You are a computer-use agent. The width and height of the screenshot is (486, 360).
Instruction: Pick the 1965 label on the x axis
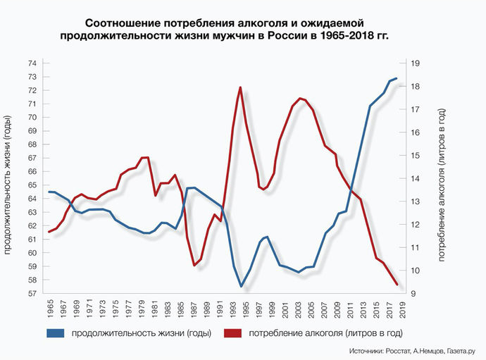point(49,310)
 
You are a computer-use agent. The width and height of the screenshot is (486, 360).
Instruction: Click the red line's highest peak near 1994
point(241,87)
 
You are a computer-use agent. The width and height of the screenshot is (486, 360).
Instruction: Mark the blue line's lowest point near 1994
point(241,286)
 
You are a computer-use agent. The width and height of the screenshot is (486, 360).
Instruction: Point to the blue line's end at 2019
point(397,78)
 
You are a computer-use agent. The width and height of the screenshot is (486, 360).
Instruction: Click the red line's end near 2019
point(397,285)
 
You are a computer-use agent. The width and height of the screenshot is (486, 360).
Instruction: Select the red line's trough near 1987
point(194,265)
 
